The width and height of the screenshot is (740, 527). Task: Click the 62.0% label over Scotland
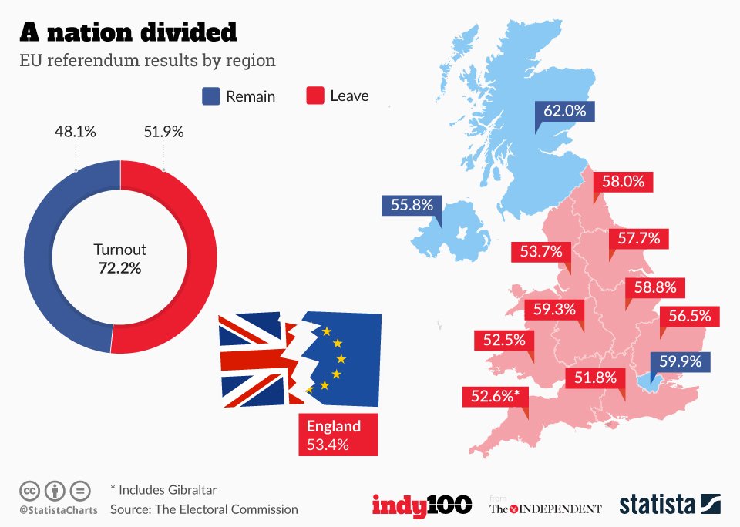565,111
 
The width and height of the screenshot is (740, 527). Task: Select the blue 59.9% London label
680,362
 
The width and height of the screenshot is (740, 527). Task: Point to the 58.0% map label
624,182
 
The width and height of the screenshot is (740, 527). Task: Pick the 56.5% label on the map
689,316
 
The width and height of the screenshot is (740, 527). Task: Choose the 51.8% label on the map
596,378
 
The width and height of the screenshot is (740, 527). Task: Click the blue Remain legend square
210,96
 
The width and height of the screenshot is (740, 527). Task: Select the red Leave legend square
314,96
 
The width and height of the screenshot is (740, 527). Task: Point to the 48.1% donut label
75,132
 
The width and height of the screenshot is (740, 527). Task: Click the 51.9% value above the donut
163,132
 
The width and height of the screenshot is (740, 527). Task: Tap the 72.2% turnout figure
119,268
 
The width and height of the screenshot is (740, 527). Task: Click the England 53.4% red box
338,435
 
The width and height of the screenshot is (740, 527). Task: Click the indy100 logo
422,505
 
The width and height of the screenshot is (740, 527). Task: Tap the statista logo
670,505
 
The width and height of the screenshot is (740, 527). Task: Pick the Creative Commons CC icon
29,490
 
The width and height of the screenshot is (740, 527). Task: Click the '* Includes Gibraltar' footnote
163,489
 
